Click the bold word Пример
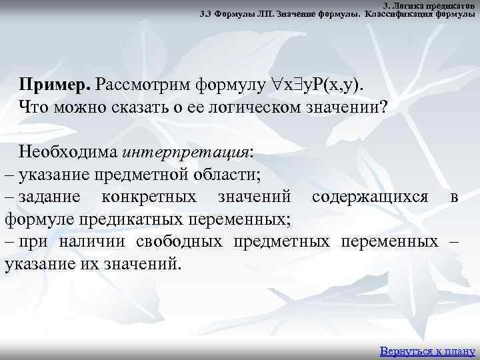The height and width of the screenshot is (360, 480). point(55,85)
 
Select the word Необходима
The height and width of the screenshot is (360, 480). point(69,152)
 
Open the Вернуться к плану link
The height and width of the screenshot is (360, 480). point(427,351)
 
